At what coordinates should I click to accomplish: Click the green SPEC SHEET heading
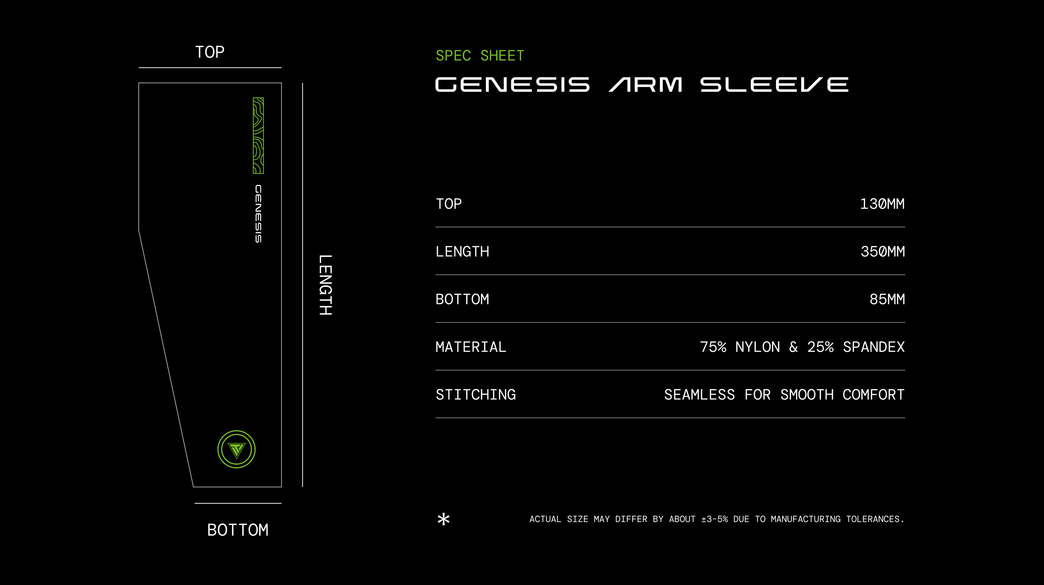[480, 56]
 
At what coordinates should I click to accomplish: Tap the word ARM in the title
[646, 85]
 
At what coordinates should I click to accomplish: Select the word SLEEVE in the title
[774, 85]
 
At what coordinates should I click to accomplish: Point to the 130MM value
[882, 204]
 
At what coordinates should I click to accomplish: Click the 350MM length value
[882, 251]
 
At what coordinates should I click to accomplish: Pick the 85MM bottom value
[887, 299]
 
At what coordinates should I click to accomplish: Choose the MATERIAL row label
[470, 347]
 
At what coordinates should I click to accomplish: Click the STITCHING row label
[475, 395]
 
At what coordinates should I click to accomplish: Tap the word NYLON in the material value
[757, 347]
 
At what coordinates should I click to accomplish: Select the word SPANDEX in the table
[873, 347]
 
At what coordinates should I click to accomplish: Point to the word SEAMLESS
[699, 395]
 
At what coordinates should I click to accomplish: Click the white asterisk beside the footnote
[444, 519]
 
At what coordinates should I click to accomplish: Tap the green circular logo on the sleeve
[236, 449]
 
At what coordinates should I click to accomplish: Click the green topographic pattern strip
[258, 136]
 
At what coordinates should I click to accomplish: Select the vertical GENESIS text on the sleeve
[258, 214]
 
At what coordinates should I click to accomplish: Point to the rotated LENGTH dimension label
[325, 285]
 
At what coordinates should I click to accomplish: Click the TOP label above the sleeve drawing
[209, 52]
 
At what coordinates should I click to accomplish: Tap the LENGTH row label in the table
[462, 251]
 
